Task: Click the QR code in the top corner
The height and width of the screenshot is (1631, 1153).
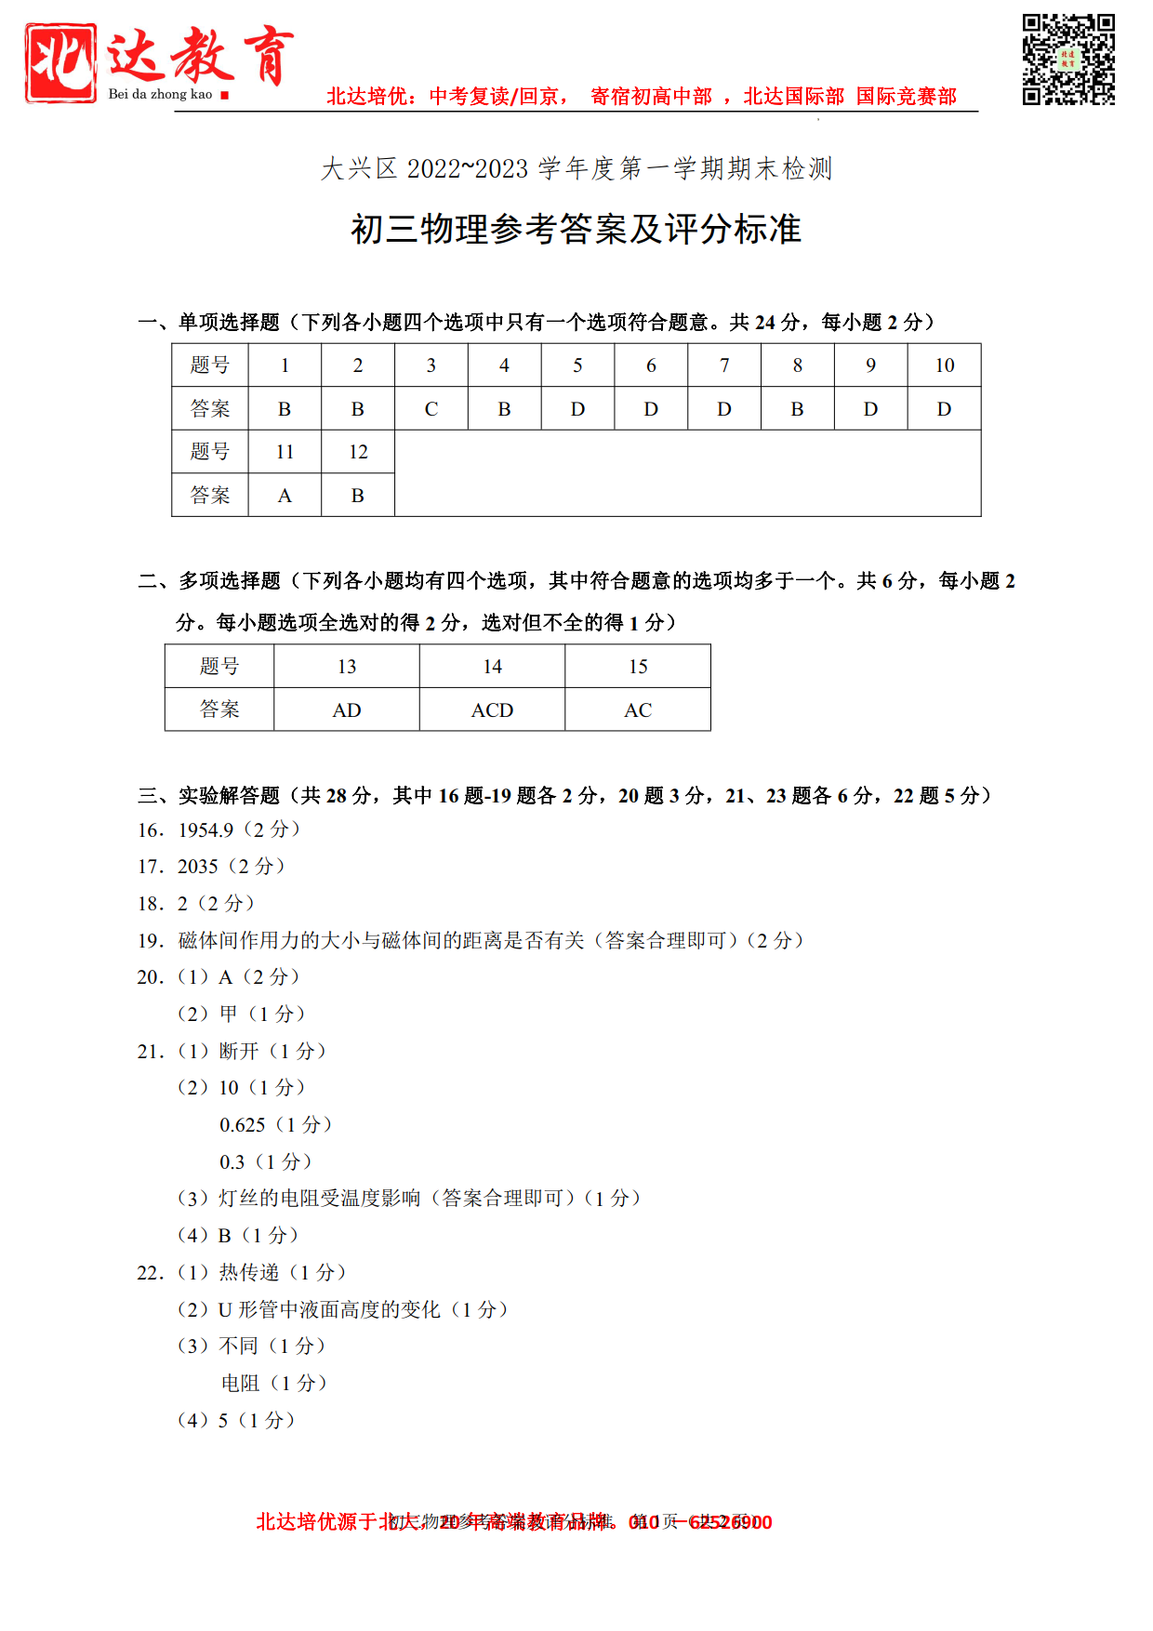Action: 1068,60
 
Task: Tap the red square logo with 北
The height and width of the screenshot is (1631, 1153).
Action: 60,62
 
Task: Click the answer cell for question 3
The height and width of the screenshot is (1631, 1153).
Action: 431,408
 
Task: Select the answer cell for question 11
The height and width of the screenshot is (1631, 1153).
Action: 285,496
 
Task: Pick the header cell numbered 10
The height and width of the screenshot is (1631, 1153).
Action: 944,365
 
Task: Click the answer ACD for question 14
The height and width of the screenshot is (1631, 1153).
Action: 492,710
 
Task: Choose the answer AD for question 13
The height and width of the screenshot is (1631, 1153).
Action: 347,710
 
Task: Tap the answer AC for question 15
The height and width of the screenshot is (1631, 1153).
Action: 638,710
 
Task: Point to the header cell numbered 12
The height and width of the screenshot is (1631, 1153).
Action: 358,452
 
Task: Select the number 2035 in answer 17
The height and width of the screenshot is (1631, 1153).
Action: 198,867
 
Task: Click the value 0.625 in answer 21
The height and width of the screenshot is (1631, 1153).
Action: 243,1125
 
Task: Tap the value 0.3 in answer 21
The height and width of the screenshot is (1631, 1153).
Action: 232,1162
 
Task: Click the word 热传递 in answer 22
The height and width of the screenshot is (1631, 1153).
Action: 249,1273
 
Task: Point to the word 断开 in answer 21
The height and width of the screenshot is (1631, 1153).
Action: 239,1052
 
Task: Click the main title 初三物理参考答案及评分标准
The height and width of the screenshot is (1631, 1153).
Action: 576,229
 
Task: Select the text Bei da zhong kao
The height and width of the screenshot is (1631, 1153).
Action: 160,94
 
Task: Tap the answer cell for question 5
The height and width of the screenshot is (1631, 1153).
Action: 577,408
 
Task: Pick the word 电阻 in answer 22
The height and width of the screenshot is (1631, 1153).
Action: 240,1384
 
